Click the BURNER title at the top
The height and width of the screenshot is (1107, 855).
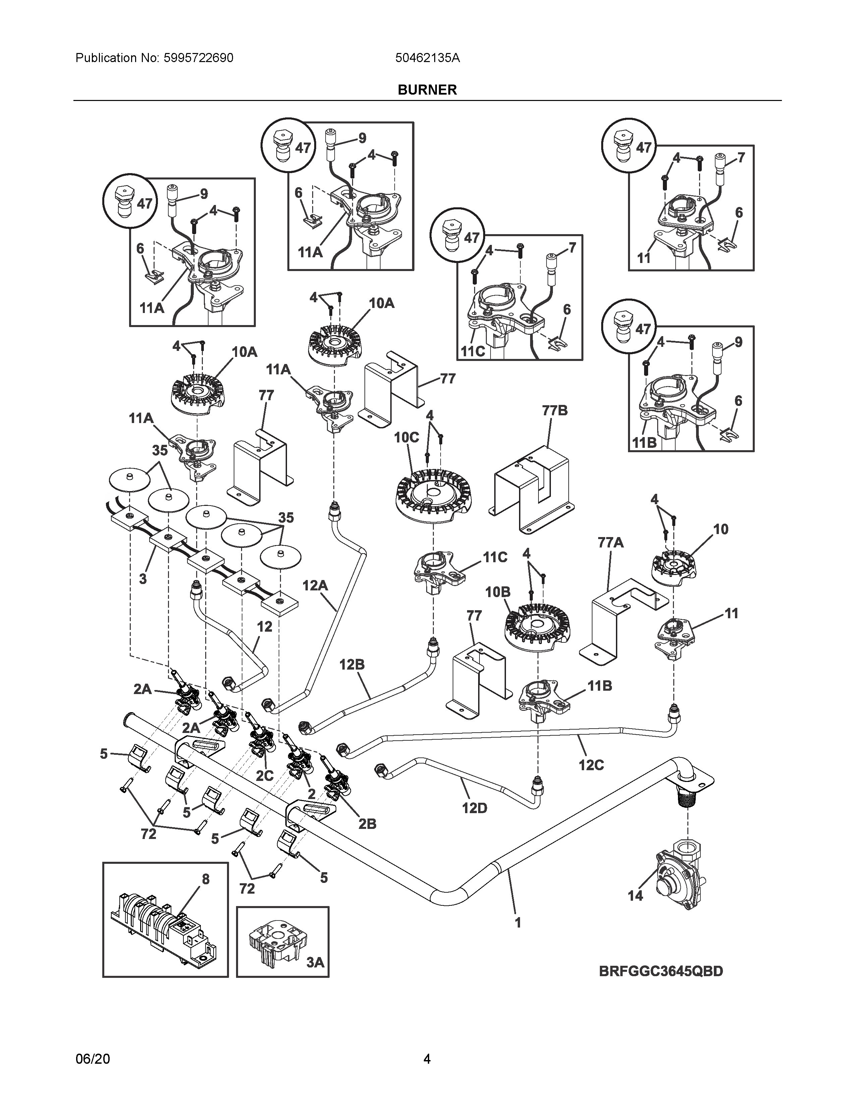click(427, 90)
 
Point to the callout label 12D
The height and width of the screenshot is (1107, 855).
click(474, 808)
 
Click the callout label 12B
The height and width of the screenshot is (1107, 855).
click(352, 665)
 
